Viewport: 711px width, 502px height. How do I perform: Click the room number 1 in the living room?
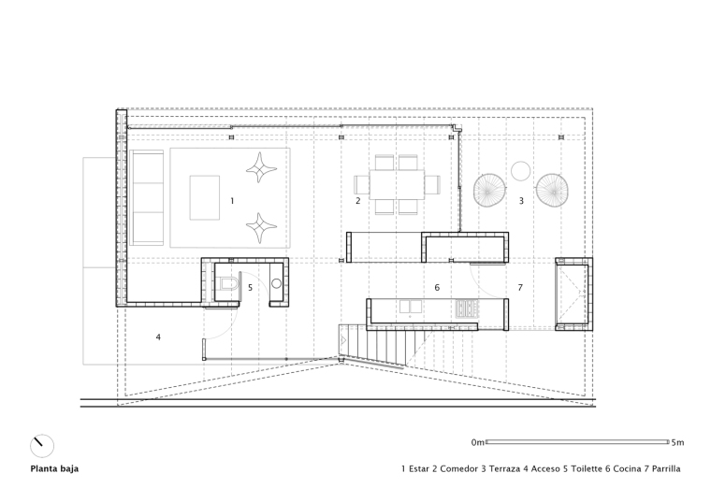tap(232, 201)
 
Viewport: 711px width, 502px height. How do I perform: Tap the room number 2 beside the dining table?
tap(357, 201)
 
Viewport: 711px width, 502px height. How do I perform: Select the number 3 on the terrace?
tap(521, 201)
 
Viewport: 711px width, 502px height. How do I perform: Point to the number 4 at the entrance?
tap(158, 337)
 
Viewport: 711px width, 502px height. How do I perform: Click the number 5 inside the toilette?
tap(250, 287)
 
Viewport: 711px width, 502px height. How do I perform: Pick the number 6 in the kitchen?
tap(437, 287)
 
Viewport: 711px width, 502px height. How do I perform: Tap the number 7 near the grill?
tap(520, 287)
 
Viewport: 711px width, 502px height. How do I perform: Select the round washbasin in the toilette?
tap(276, 284)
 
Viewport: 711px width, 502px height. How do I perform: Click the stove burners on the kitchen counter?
tap(467, 308)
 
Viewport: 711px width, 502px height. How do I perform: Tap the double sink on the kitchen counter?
tap(411, 308)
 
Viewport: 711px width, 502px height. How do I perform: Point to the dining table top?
tap(397, 184)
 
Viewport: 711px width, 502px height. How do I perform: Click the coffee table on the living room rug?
tap(205, 197)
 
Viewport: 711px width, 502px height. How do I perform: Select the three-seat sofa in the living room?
tap(147, 197)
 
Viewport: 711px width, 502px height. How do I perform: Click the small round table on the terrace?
tap(520, 171)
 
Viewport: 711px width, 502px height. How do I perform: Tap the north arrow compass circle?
tap(42, 446)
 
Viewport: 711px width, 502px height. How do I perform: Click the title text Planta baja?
tap(54, 469)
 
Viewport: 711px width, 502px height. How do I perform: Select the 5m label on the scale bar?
tap(678, 443)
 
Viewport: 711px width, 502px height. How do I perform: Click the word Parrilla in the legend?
tap(666, 469)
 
